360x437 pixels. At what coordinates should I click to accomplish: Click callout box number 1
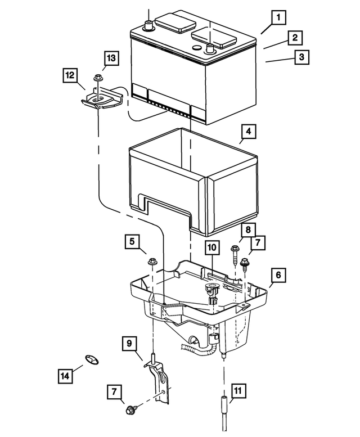pos(277,19)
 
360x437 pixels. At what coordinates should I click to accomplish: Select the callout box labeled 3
pos(301,57)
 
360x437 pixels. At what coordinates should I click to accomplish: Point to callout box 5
pos(132,242)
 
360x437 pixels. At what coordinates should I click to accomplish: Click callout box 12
pos(70,75)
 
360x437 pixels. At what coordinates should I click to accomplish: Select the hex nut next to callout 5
pos(152,262)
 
